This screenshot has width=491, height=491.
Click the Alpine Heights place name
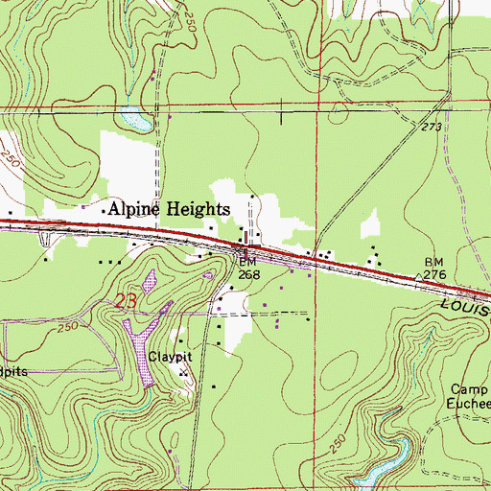point(168,208)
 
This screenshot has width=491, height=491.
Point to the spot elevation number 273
point(430,127)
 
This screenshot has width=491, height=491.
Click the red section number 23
point(126,301)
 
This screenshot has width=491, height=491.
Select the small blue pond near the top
point(137,120)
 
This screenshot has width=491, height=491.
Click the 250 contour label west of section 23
point(64,329)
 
